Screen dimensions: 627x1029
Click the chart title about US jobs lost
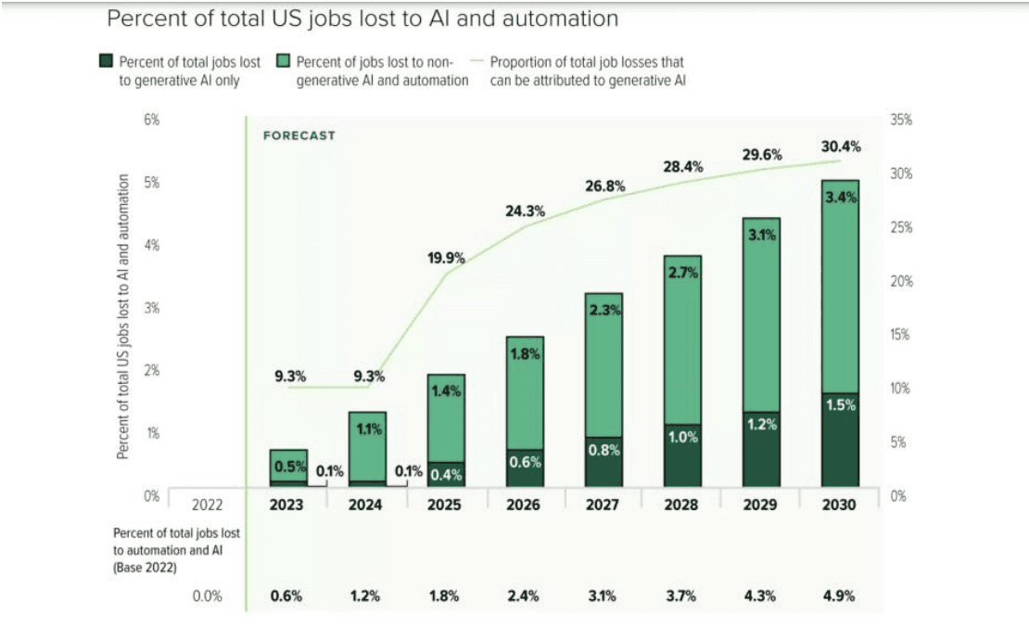[x=362, y=19]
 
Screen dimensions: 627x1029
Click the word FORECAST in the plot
[x=299, y=135]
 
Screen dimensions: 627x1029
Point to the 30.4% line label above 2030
[x=841, y=146]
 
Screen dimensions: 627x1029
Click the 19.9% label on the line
[x=446, y=258]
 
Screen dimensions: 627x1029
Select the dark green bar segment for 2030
[x=841, y=440]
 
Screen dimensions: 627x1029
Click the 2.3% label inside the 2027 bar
[x=604, y=312]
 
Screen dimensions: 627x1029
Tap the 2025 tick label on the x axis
[x=446, y=505]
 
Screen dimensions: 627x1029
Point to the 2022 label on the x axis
[x=207, y=505]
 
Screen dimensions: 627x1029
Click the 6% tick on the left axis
[x=152, y=120]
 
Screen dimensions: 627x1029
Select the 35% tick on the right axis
[x=900, y=120]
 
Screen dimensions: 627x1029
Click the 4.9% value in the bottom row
[x=841, y=596]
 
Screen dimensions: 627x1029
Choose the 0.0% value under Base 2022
[x=207, y=596]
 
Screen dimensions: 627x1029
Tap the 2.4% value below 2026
[x=525, y=596]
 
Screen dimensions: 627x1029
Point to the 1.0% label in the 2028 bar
[x=683, y=438]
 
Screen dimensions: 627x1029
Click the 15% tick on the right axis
[x=900, y=335]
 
